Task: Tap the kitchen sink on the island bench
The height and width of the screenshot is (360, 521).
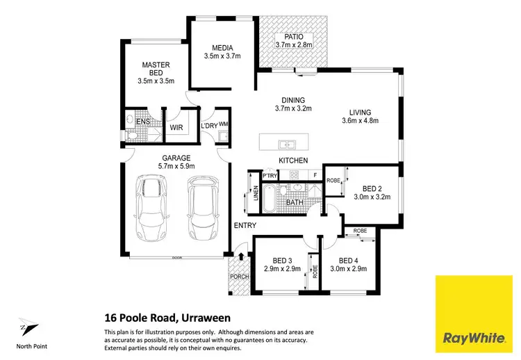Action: (287, 145)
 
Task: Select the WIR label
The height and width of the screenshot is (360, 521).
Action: (176, 128)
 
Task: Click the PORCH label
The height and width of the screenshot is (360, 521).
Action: (239, 279)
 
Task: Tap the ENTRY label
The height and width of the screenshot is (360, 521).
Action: (245, 225)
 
